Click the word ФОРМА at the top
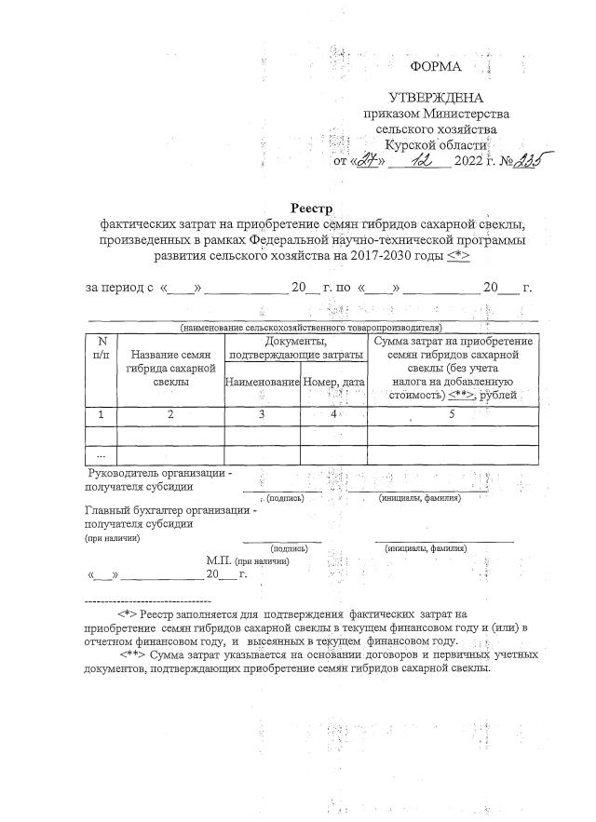click(x=436, y=66)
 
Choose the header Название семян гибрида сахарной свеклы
click(x=169, y=368)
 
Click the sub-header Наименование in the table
click(x=262, y=382)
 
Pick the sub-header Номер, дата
click(x=334, y=382)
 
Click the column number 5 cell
click(x=452, y=414)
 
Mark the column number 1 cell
click(x=102, y=414)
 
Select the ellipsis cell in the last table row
click(x=102, y=455)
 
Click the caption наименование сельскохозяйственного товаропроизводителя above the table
click(x=311, y=328)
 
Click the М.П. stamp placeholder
click(x=218, y=560)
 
